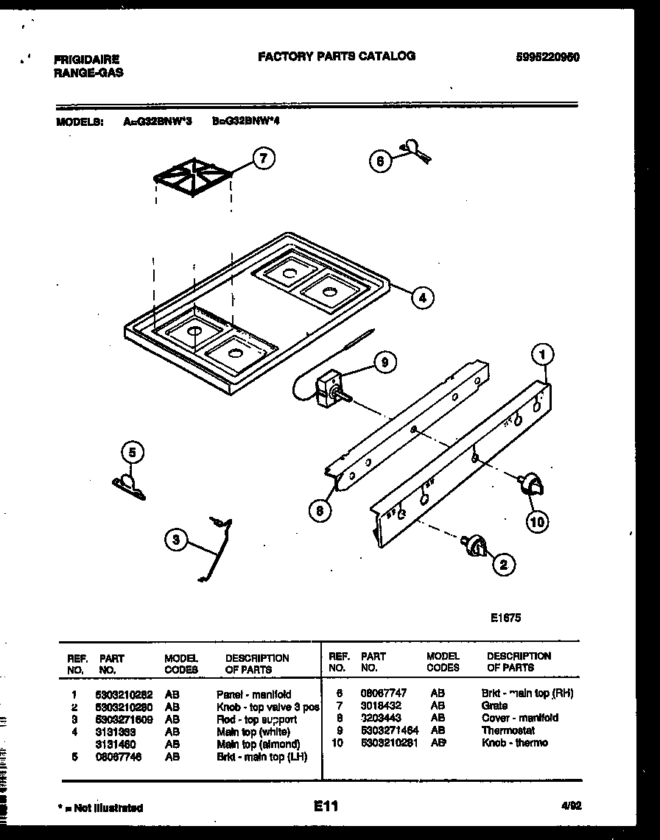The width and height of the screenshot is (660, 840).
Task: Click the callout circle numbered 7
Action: coord(264,158)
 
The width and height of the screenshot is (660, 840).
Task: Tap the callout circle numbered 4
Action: coord(421,297)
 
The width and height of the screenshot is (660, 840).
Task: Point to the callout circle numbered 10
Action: coord(538,522)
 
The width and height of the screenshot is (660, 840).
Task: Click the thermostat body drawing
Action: coord(326,388)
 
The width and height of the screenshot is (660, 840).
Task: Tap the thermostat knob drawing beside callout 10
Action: coord(530,485)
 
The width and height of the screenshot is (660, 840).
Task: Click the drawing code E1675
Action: coord(505,618)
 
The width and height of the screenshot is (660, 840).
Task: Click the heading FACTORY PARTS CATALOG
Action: coord(337,56)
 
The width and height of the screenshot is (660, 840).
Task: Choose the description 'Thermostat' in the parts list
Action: coord(508,730)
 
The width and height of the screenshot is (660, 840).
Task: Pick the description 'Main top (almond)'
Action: coord(258,744)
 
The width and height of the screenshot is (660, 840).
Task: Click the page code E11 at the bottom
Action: coord(325,807)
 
